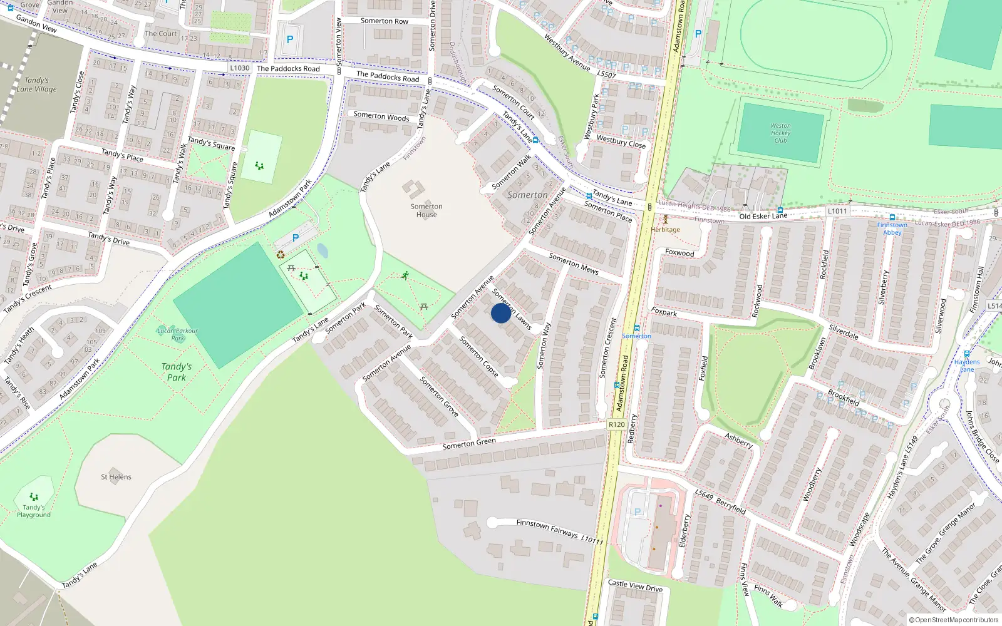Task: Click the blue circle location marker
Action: coord(500,313)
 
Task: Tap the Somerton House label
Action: coord(426,210)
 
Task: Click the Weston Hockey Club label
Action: coord(780,133)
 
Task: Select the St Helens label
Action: coord(116,477)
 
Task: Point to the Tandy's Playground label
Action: coord(34,511)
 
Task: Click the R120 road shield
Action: coord(616,424)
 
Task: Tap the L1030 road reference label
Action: coord(239,68)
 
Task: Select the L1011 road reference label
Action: coord(837,212)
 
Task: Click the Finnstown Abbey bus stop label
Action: coord(892,228)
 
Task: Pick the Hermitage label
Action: coord(665,230)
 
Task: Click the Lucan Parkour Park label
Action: coord(177,334)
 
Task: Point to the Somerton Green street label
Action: coord(469,443)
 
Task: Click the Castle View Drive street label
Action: coord(635,585)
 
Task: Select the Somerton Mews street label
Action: coord(574,264)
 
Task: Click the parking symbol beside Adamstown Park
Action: coord(296,238)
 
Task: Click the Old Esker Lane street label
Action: coord(763,216)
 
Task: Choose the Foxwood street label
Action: coord(679,253)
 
